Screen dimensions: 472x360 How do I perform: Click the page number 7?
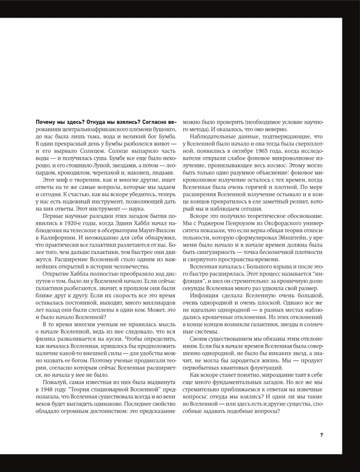321,435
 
